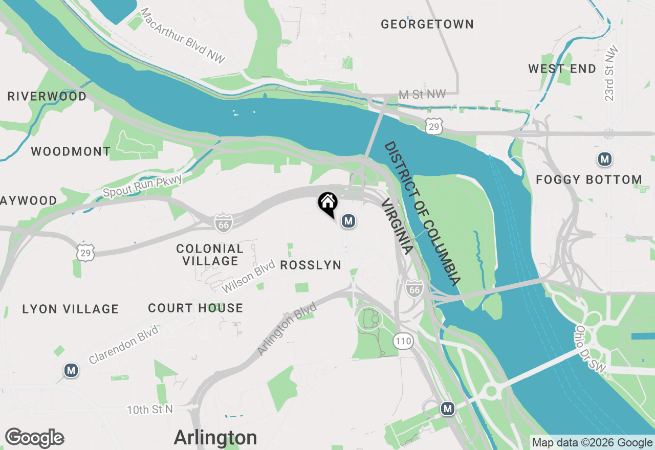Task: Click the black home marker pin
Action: coord(327,202)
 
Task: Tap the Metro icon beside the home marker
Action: coord(348,221)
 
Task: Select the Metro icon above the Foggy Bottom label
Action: coord(605,159)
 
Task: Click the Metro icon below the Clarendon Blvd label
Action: coord(71,370)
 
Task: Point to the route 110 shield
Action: coord(403,341)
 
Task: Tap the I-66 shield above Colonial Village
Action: coord(223,223)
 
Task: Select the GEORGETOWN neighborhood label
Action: coord(427,24)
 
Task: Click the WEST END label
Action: coord(562,69)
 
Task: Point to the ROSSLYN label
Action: coord(311,265)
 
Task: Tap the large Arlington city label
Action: coord(215,438)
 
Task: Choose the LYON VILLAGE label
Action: coord(71,309)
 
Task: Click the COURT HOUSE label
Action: coord(195,308)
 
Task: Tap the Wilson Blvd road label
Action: coord(245,277)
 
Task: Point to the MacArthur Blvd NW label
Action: coord(182,35)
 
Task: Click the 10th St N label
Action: coord(150,410)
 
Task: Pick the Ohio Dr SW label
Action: coord(590,349)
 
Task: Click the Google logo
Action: coord(34,438)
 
